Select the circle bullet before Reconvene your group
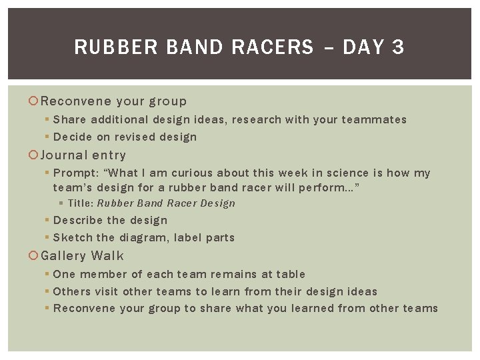click(35, 101)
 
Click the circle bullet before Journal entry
click(35, 155)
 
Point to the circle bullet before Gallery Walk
click(35, 256)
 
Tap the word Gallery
click(63, 256)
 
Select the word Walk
click(107, 256)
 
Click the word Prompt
click(75, 173)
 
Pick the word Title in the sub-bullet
click(81, 203)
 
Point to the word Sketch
click(73, 238)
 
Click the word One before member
click(64, 275)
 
